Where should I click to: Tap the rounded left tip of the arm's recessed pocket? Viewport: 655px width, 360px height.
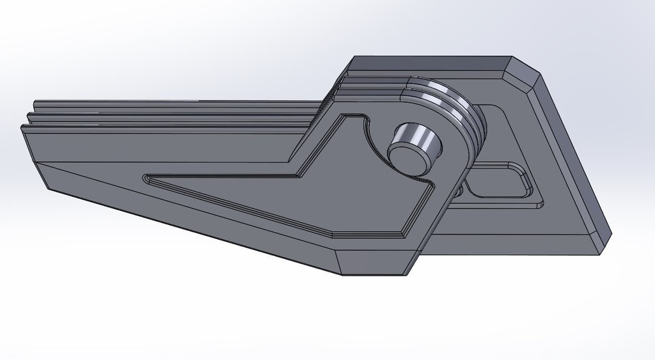pyautogui.click(x=147, y=179)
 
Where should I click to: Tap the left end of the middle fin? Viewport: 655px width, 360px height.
pyautogui.click(x=29, y=116)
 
